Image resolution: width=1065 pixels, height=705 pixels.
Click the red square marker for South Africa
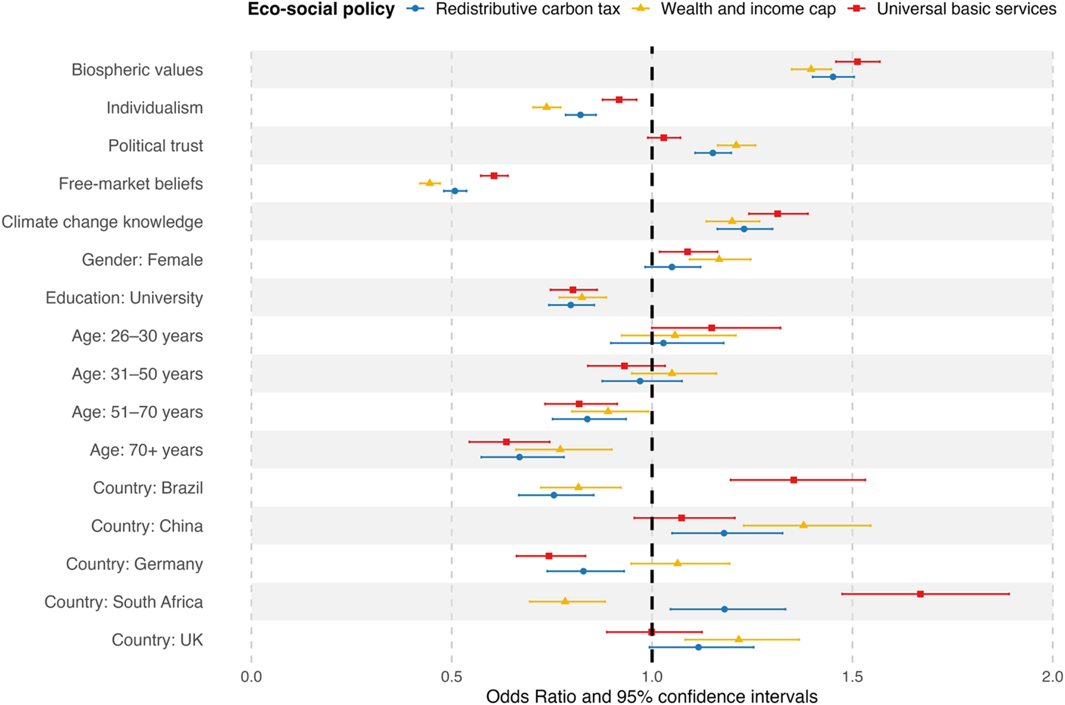tap(920, 594)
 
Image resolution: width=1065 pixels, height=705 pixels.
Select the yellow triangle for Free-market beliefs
tap(430, 182)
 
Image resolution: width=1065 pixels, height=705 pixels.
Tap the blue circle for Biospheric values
tap(833, 77)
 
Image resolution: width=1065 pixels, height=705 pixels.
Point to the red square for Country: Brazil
tap(794, 479)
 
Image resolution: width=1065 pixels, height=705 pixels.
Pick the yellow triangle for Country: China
tap(803, 525)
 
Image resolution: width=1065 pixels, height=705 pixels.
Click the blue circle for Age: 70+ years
tap(519, 457)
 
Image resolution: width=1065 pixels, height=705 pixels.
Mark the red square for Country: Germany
tap(549, 555)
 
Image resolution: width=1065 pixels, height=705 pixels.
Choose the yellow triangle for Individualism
tap(546, 106)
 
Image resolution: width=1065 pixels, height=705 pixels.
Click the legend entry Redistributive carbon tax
tap(528, 9)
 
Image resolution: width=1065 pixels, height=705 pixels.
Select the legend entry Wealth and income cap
tap(748, 9)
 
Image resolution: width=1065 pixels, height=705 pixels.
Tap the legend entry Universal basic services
tap(966, 9)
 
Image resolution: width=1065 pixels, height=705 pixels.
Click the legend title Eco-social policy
tap(321, 9)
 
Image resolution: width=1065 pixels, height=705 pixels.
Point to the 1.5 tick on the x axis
tap(852, 677)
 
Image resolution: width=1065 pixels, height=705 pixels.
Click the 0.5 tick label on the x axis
tap(451, 677)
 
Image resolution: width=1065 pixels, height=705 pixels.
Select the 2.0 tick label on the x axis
tap(1052, 677)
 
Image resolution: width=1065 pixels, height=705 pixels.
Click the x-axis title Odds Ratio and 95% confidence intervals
tap(652, 696)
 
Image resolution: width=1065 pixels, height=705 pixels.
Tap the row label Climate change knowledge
tap(102, 222)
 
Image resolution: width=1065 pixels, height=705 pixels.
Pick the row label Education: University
tap(124, 298)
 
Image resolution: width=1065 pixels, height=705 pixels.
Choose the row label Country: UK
tap(157, 639)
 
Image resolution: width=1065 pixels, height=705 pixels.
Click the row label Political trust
tap(156, 146)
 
